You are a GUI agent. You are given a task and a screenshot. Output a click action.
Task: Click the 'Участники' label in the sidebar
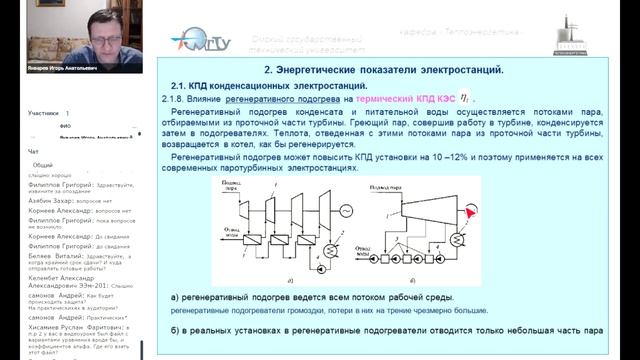43,114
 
